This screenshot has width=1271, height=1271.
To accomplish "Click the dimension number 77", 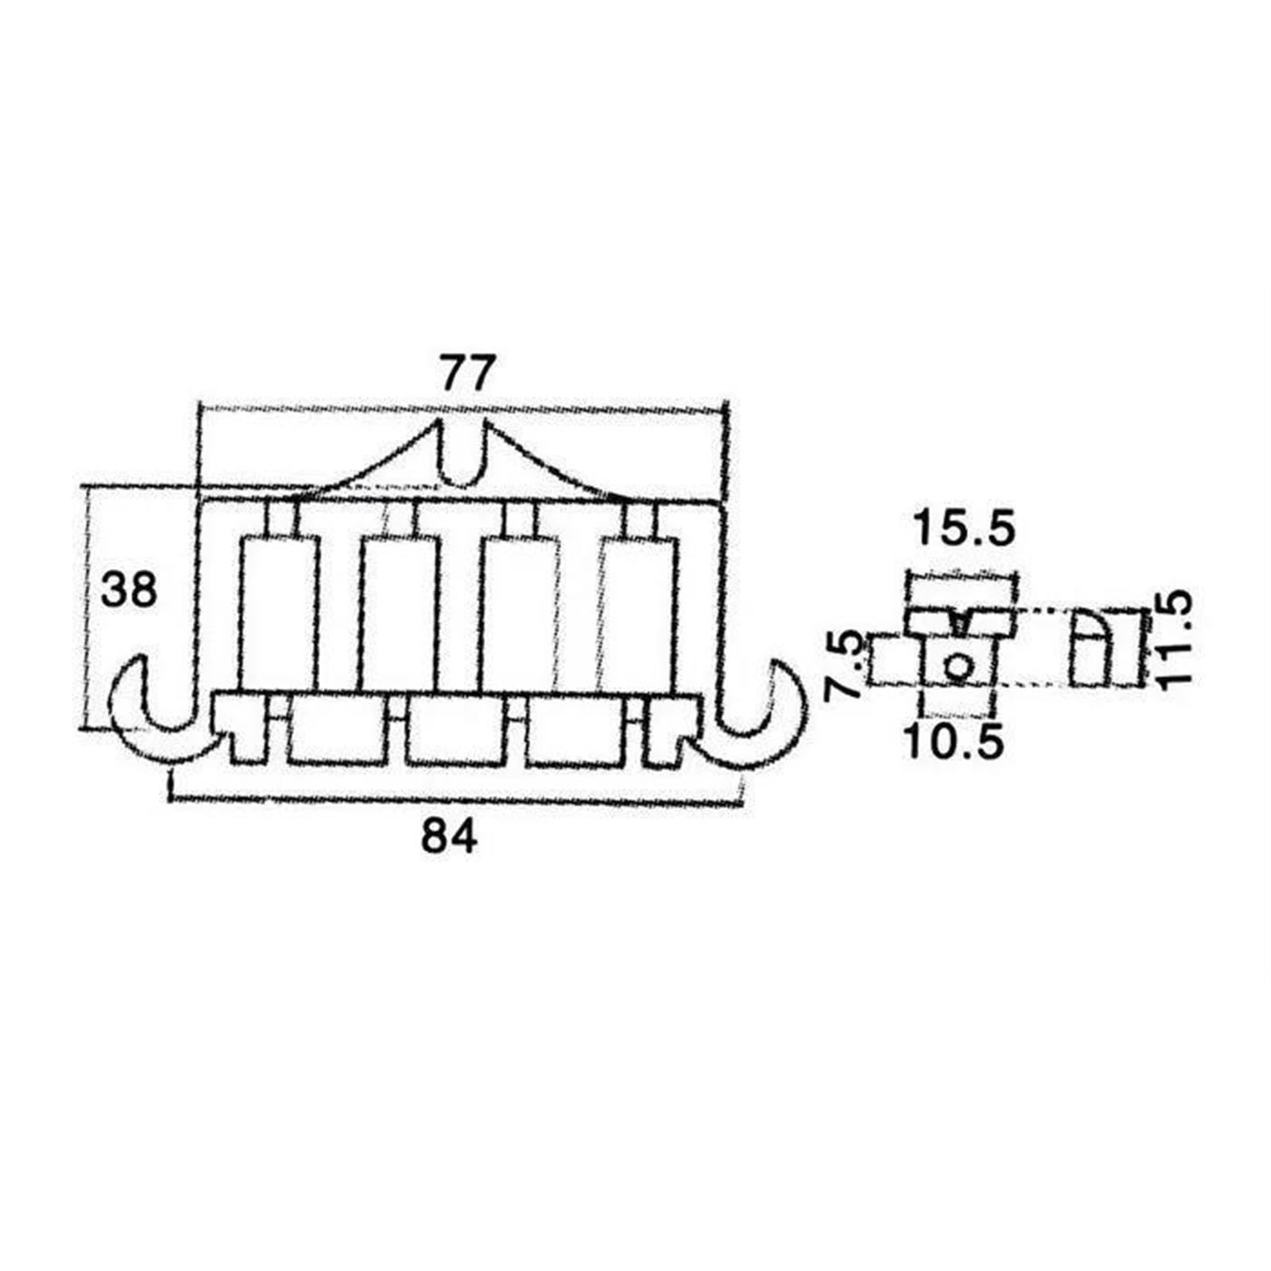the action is pos(468,373).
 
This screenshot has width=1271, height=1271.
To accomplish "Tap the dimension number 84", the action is pos(450,836).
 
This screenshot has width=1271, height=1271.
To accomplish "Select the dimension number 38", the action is pos(129,590).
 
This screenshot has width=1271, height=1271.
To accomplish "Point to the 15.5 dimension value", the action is pos(964,527).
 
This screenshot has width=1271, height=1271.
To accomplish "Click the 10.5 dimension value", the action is pos(954,741).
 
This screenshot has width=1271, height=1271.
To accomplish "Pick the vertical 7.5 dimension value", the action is pos(841,664).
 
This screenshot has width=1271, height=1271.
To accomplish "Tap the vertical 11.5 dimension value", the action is pos(1172,636).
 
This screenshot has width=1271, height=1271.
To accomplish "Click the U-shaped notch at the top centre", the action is pos(460,457).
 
